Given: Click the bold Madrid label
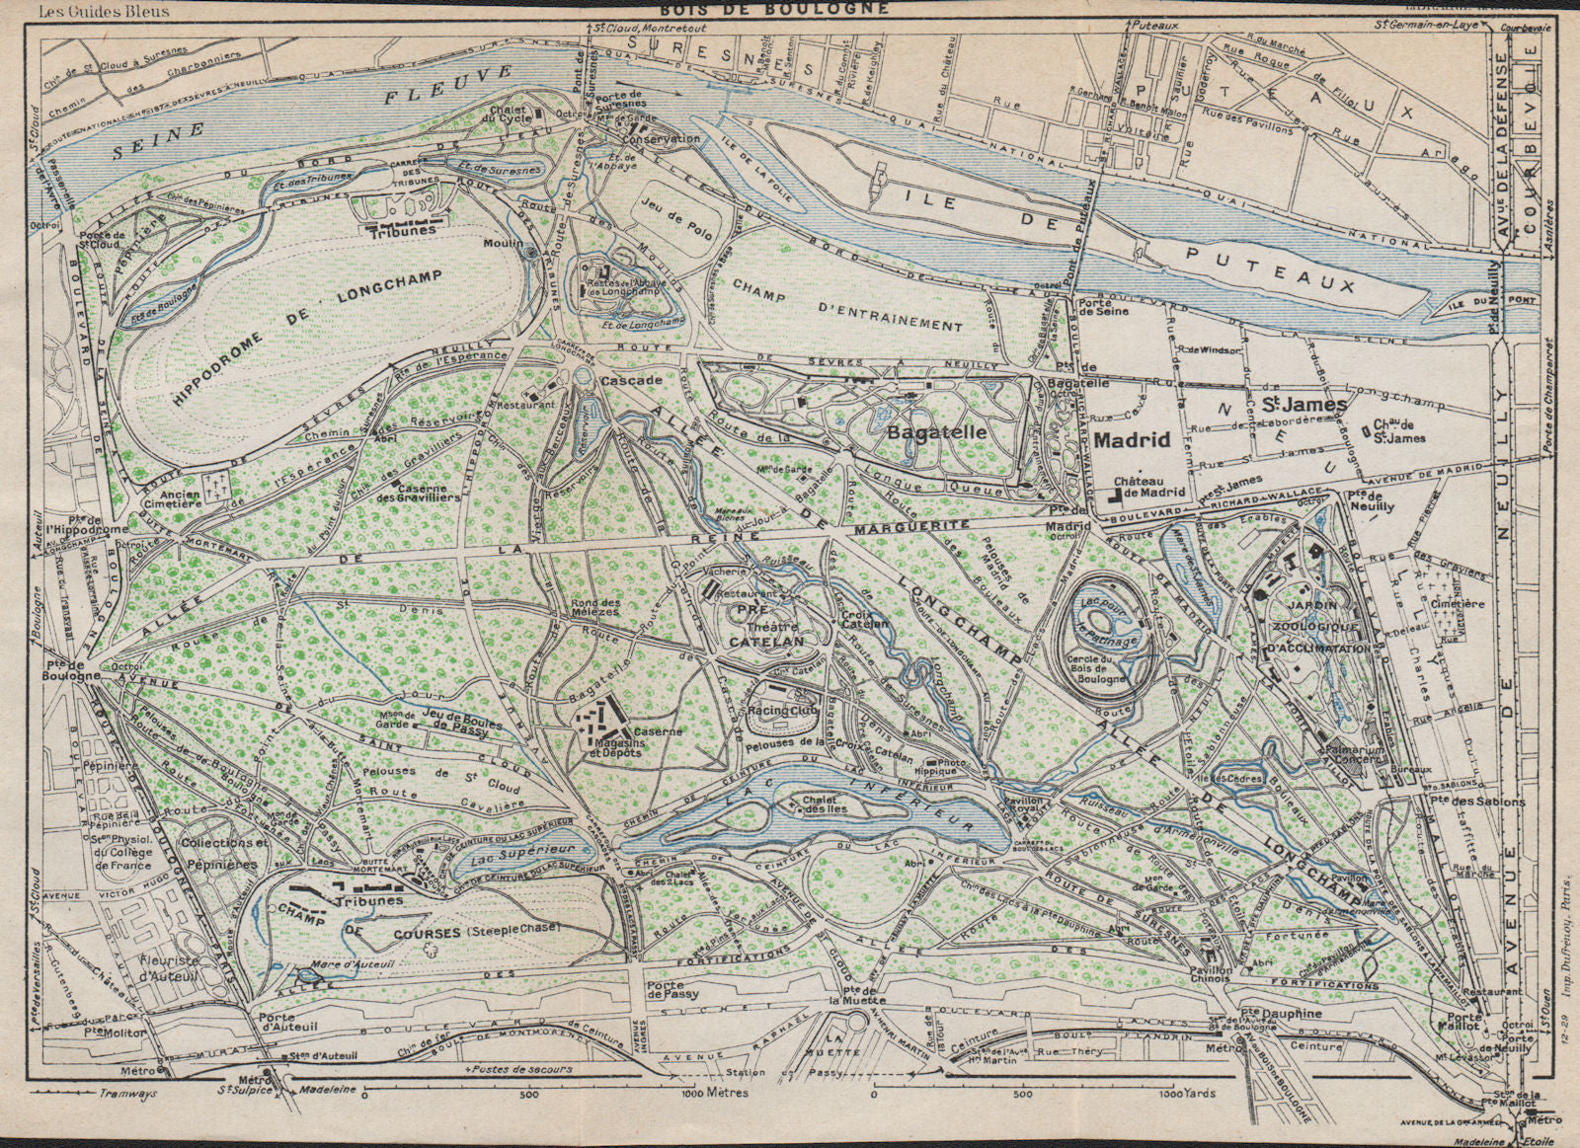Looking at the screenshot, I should pos(1132,439).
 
